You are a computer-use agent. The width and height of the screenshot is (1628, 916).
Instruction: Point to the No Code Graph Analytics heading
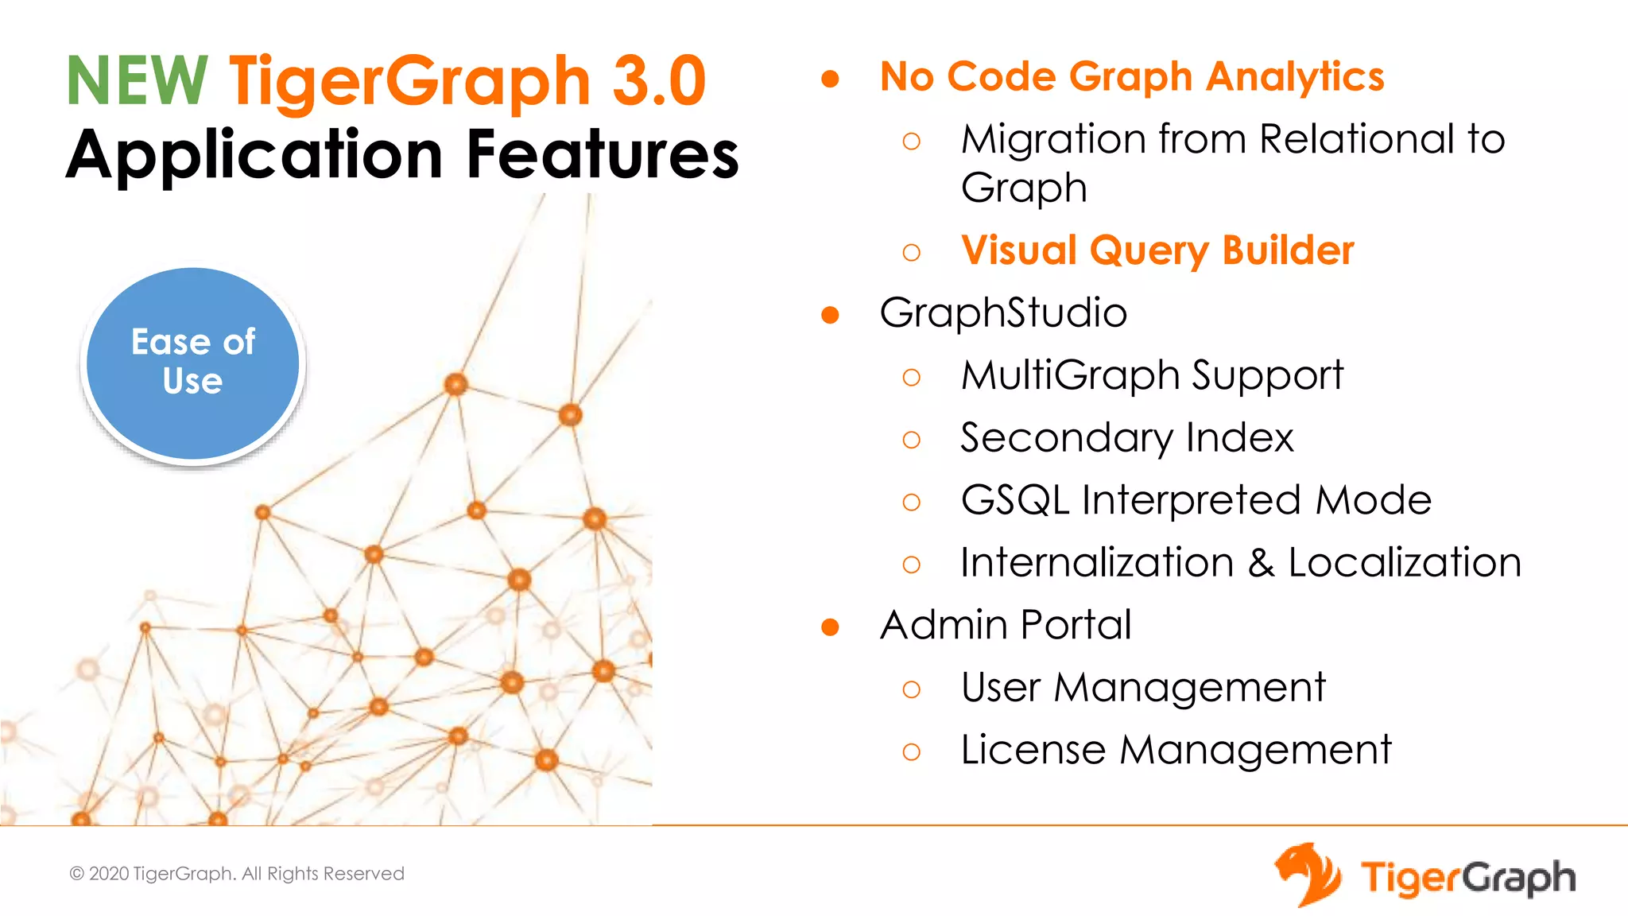[1132, 77]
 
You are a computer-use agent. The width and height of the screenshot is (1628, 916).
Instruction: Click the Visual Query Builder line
[1157, 250]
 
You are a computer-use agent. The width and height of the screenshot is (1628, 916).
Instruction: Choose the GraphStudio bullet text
[1003, 312]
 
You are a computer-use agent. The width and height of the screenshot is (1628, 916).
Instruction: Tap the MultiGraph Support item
[1152, 375]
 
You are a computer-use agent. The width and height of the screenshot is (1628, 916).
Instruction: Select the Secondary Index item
[1127, 437]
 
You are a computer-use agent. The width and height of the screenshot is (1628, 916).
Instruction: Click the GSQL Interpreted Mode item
[1196, 500]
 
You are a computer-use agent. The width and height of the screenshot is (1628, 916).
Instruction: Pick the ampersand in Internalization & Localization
[1261, 563]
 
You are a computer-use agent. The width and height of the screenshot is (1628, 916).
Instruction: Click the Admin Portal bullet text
[1006, 625]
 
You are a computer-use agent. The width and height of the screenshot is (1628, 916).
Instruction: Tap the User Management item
[1143, 688]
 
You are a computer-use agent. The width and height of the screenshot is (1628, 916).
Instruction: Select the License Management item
[1176, 750]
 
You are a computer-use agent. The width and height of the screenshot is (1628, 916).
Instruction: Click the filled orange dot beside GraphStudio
[830, 315]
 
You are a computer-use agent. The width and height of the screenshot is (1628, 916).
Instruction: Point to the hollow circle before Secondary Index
[912, 440]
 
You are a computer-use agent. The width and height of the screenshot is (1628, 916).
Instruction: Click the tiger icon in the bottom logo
[1308, 875]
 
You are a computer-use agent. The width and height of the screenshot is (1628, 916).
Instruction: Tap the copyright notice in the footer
[237, 874]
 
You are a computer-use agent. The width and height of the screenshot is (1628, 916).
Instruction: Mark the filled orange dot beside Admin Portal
[830, 627]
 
